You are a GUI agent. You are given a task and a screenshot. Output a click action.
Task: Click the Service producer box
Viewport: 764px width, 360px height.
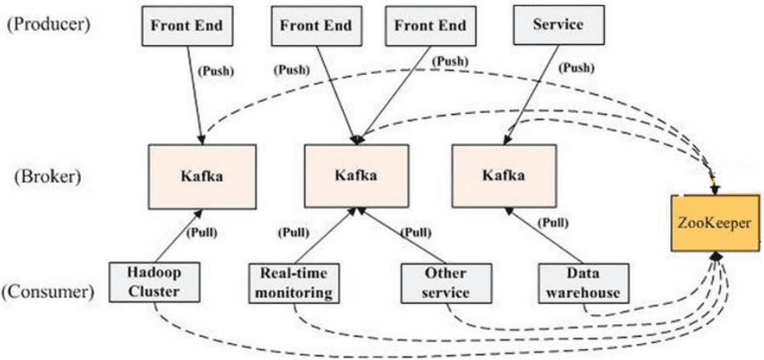[558, 26]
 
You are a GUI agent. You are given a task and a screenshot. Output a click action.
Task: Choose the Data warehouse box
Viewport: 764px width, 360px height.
[584, 283]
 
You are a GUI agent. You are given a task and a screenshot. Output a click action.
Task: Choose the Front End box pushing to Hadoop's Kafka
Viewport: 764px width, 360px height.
[186, 26]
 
